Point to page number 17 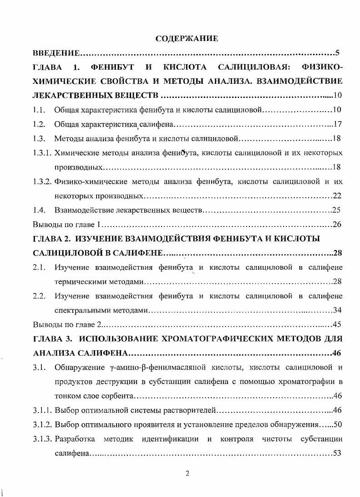tap(337, 124)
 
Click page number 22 tap(337, 196)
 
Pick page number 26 tap(337, 225)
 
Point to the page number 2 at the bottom tap(187, 473)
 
